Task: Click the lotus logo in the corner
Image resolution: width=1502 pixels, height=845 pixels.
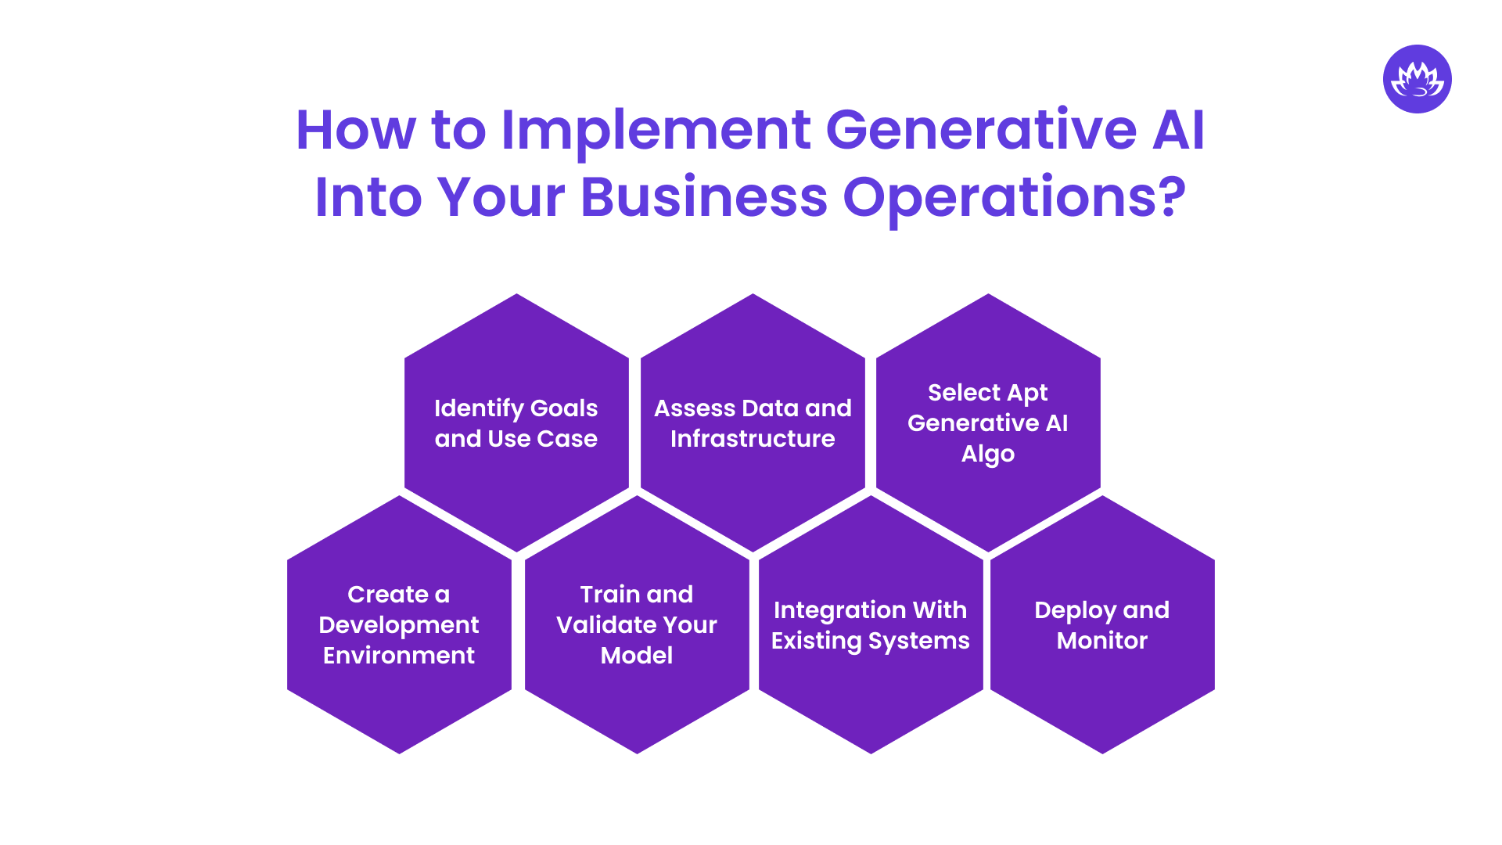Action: pos(1417,79)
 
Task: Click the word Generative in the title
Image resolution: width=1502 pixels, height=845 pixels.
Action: pos(981,130)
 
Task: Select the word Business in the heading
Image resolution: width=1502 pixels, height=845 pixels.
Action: pos(703,197)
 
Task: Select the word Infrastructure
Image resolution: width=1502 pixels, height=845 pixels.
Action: pos(753,439)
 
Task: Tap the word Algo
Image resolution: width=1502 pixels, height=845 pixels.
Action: pos(988,455)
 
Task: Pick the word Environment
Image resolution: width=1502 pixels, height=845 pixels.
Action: pos(399,656)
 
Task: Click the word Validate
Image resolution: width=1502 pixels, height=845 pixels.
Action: pos(602,625)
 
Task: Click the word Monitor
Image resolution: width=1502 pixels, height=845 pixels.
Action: pos(1101,641)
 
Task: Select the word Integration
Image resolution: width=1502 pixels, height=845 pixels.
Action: pos(830,611)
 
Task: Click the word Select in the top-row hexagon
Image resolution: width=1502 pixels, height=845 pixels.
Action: pos(964,392)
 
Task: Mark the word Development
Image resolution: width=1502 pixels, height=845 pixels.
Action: pos(399,625)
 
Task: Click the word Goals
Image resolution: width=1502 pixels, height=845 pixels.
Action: pos(563,408)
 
